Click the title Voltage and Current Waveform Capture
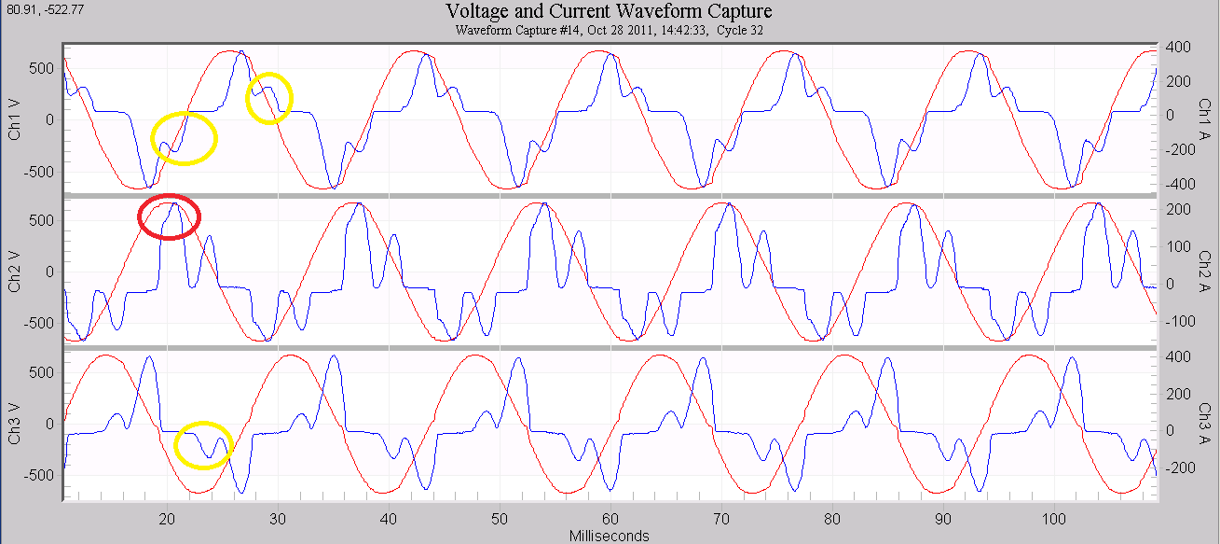point(610,12)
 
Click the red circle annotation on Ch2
point(169,216)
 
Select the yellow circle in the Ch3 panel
point(203,444)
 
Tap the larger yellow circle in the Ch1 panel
point(184,138)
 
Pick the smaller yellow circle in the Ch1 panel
point(269,97)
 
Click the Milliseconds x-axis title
point(610,536)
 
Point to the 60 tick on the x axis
point(610,519)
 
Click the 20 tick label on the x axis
point(167,519)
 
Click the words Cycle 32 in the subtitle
point(735,30)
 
